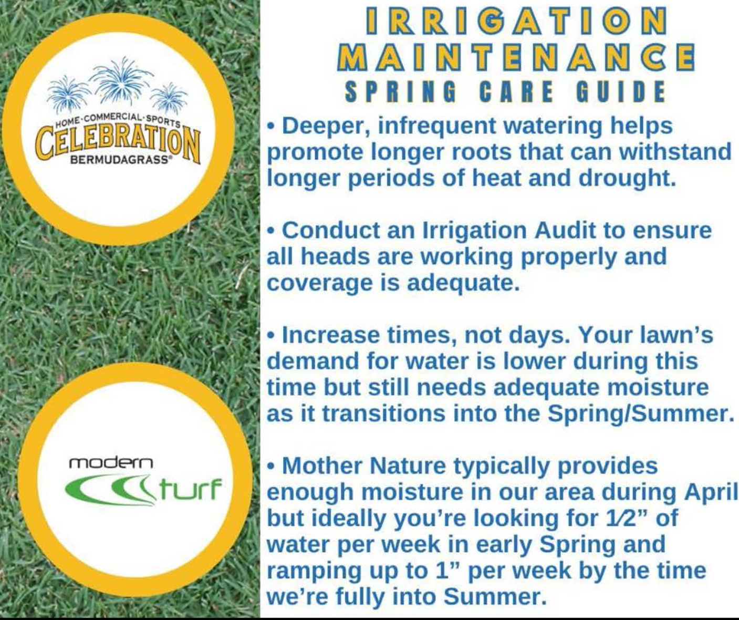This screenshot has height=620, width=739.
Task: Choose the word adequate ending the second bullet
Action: (464, 284)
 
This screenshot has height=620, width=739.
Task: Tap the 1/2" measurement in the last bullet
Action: (624, 519)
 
